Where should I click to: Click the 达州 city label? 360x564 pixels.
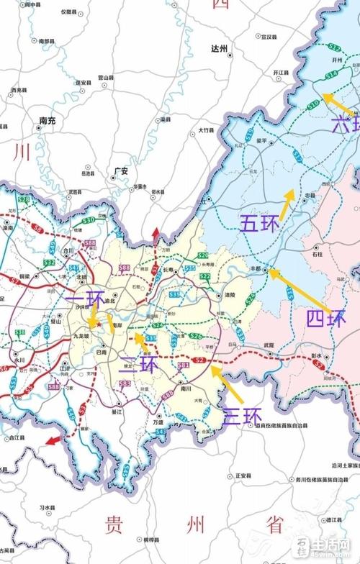(219, 49)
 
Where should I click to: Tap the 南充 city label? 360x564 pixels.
(48, 120)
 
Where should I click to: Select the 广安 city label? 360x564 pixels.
(120, 171)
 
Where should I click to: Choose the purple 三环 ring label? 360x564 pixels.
(242, 415)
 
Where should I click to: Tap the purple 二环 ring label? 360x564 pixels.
(138, 365)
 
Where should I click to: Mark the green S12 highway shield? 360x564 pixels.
(333, 47)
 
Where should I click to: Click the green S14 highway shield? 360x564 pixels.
(331, 74)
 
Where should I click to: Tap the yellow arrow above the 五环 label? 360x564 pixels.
(287, 204)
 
